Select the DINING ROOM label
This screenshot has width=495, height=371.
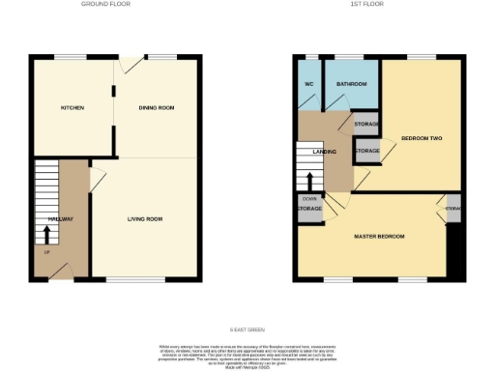[157, 107]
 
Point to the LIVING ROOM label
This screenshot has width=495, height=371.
[145, 219]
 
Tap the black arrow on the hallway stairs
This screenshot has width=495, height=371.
[47, 234]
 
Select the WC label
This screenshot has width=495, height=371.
[308, 84]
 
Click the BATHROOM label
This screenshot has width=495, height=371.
[350, 84]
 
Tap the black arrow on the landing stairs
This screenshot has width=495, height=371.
[308, 181]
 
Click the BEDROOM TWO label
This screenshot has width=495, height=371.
[421, 139]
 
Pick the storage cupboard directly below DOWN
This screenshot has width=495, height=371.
[309, 210]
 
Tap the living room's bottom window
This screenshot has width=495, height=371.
[121, 280]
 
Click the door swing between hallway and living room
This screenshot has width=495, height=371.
[97, 181]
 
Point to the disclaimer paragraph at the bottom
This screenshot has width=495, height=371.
[247, 353]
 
